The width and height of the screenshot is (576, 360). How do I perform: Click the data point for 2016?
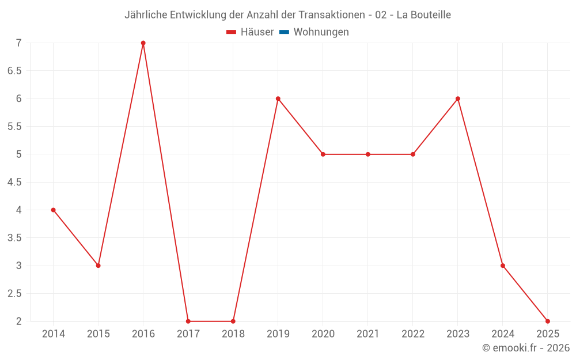click(143, 43)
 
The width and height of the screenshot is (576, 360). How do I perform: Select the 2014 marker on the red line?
click(53, 210)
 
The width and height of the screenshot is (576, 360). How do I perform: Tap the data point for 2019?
click(278, 98)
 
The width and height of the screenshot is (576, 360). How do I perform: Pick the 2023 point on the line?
click(457, 98)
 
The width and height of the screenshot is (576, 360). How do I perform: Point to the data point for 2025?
click(547, 321)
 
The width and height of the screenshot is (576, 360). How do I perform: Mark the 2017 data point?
click(188, 321)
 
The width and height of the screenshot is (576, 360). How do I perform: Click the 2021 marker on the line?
click(367, 154)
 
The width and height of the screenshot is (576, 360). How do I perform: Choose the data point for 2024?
click(502, 266)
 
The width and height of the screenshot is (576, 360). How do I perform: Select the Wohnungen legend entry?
click(321, 32)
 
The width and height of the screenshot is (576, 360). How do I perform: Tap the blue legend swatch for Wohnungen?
click(284, 32)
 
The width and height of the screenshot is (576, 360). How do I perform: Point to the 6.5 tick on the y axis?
click(14, 71)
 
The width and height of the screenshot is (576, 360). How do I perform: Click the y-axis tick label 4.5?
click(14, 182)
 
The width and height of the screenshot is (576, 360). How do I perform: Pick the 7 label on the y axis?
click(18, 43)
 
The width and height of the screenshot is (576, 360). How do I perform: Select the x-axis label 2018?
click(233, 334)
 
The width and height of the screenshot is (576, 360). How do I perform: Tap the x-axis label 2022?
click(412, 334)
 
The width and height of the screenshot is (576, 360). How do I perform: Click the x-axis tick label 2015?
click(98, 334)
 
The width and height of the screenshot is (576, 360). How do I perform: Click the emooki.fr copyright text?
click(526, 348)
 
